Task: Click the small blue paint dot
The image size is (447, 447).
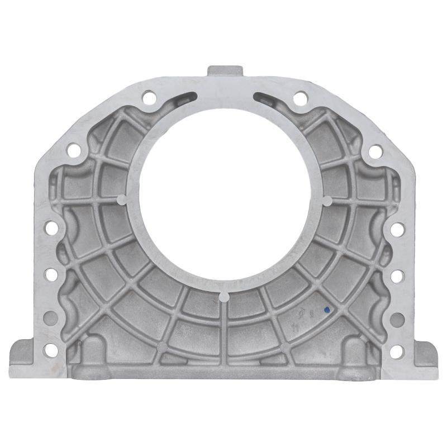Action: pos(327,309)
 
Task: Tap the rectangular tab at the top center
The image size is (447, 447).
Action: pos(225,72)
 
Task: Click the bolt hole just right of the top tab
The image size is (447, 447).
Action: pos(300,98)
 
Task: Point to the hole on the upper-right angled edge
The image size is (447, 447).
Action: pos(376,151)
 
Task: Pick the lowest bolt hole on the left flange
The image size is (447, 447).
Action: pos(50,351)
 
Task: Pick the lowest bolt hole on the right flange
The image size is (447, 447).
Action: pos(397,351)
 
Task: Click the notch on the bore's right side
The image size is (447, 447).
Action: pos(327,199)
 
